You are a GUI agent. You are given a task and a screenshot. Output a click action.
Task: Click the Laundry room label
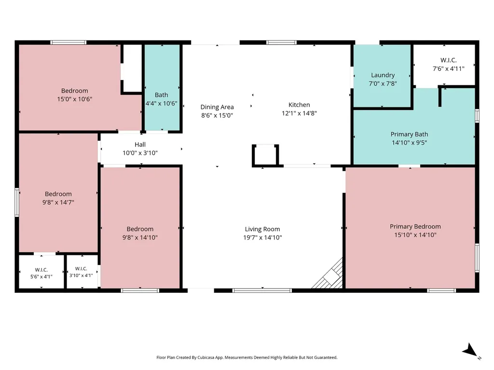click(383, 75)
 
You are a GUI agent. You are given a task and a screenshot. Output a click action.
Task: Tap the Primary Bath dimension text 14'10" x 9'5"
click(409, 143)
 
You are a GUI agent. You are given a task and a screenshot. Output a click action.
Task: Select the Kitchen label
click(299, 105)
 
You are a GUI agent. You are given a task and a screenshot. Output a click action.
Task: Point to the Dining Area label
click(217, 107)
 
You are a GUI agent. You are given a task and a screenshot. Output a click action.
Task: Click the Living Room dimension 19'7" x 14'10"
click(262, 238)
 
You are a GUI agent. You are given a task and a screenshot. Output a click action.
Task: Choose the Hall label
click(140, 145)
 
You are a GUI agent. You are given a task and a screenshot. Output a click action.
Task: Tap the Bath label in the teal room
click(161, 95)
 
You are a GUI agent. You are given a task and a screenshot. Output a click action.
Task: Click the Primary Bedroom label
click(415, 226)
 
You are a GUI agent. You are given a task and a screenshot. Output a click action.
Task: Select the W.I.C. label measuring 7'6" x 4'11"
click(448, 60)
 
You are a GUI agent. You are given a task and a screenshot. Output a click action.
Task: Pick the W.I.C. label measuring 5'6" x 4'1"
click(41, 270)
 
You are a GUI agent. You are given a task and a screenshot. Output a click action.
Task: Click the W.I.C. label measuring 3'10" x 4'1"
click(81, 269)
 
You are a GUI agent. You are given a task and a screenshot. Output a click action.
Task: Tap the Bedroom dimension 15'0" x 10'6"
click(75, 99)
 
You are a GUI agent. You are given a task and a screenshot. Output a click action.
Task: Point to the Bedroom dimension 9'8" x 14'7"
click(58, 202)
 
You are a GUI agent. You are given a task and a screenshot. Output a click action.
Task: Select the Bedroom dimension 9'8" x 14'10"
click(140, 238)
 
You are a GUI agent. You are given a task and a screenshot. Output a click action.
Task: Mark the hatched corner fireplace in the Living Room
click(329, 275)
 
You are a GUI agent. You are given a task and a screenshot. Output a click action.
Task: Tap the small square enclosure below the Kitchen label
click(265, 155)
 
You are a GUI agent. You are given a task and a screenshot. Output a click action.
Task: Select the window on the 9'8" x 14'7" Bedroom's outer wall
click(17, 202)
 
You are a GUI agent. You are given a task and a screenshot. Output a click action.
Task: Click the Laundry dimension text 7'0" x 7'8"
click(383, 84)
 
